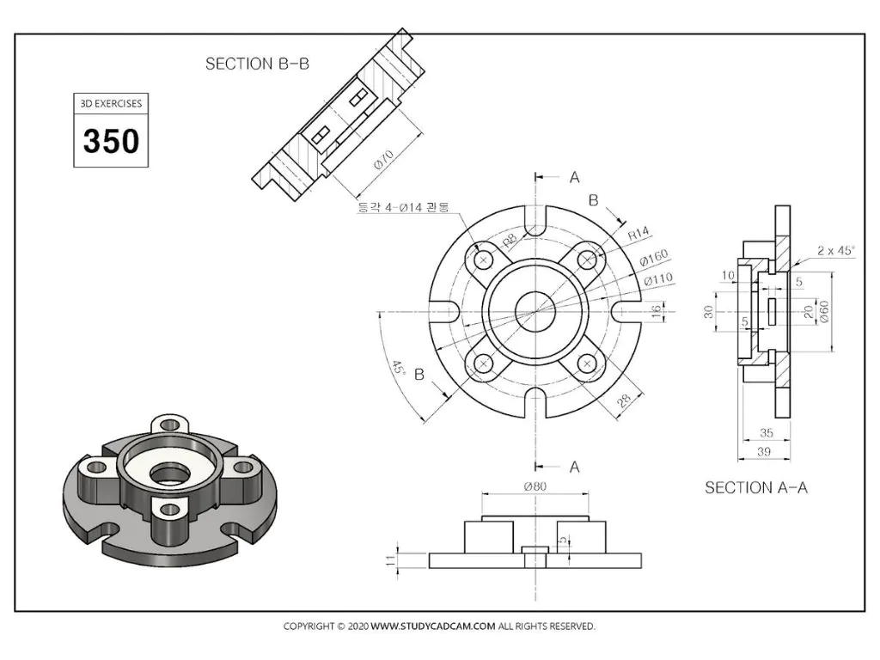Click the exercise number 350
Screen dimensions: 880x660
[x=111, y=140]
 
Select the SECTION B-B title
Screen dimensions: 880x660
[x=257, y=64]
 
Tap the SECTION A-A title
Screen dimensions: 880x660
[x=756, y=488]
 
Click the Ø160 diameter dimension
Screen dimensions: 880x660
[x=654, y=257]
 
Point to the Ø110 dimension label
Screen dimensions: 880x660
[x=657, y=279]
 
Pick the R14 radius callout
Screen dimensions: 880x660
[x=639, y=233]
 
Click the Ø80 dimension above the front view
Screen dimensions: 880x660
[x=535, y=486]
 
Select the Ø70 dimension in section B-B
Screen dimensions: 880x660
[x=384, y=159]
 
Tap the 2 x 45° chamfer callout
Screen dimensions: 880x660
[x=835, y=250]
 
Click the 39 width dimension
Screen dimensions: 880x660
[x=764, y=451]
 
